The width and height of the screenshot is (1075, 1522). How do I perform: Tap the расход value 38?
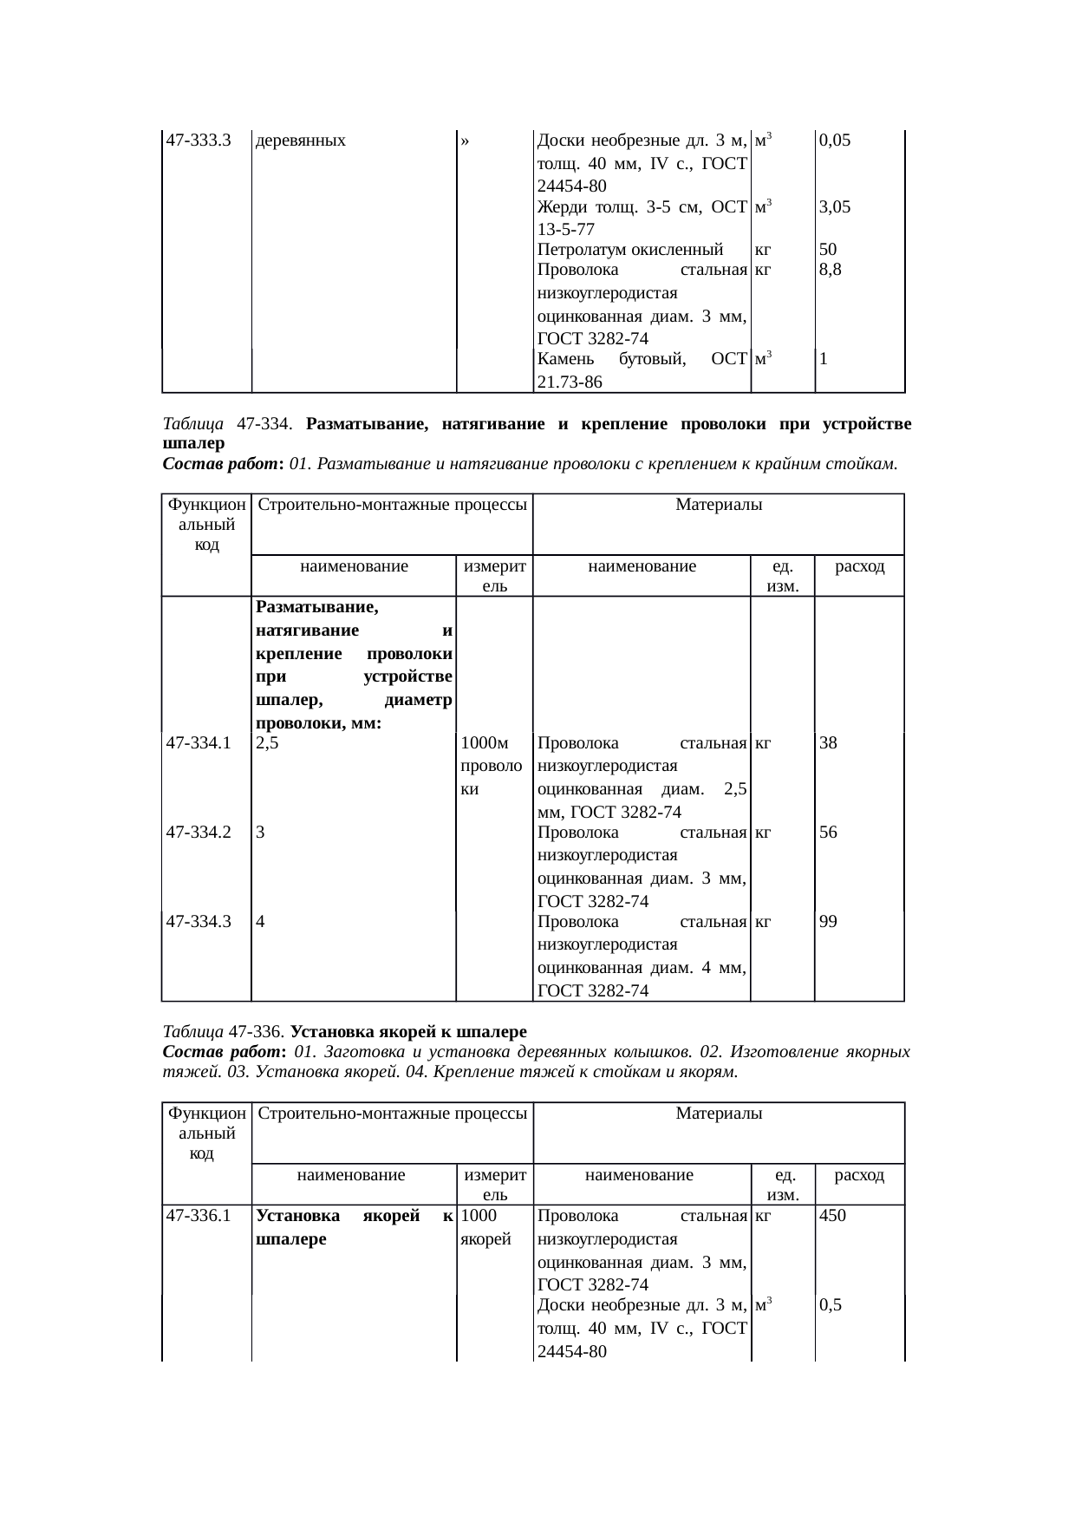[x=829, y=743]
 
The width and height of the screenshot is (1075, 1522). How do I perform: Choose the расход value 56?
[x=829, y=833]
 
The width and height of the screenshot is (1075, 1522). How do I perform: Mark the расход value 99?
[x=829, y=922]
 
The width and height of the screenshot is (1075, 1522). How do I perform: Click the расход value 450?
[x=832, y=1216]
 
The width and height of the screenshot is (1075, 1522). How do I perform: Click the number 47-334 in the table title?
[x=263, y=425]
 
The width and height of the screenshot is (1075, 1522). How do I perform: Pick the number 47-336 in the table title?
[x=257, y=1033]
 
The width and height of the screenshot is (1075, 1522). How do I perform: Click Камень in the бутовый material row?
[x=565, y=358]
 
